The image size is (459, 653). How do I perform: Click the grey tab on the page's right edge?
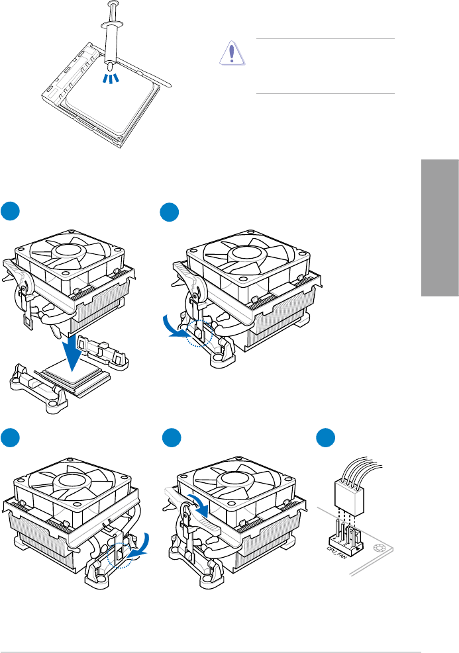coord(439,228)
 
